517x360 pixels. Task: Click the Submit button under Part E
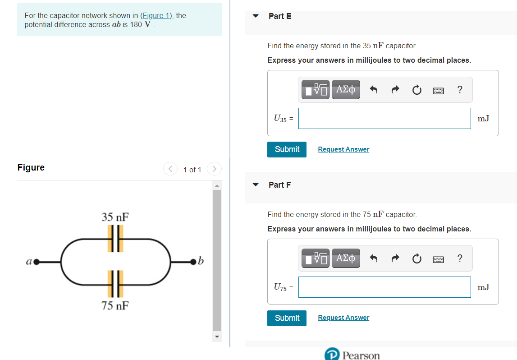pos(287,149)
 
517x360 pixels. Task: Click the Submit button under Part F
pos(287,318)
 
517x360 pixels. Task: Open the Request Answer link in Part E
pos(343,149)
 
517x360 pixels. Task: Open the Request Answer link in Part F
pos(343,318)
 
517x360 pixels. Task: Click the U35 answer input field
pos(384,118)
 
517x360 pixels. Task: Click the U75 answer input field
pos(384,287)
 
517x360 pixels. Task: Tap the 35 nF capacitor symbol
pos(115,238)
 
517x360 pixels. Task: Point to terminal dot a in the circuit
pos(36,261)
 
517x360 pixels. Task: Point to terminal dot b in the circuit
pos(194,261)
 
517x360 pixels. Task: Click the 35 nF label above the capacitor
pos(115,217)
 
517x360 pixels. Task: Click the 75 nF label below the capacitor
pos(115,306)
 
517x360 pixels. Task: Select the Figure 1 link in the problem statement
pos(156,16)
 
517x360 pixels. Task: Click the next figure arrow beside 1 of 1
pos(214,169)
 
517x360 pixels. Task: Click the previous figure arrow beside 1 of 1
pos(170,169)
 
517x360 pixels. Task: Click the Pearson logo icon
pos(331,355)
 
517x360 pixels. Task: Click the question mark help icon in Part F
pos(459,258)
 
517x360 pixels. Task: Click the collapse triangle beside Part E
pos(256,16)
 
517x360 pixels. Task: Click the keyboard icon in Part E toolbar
pos(438,90)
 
